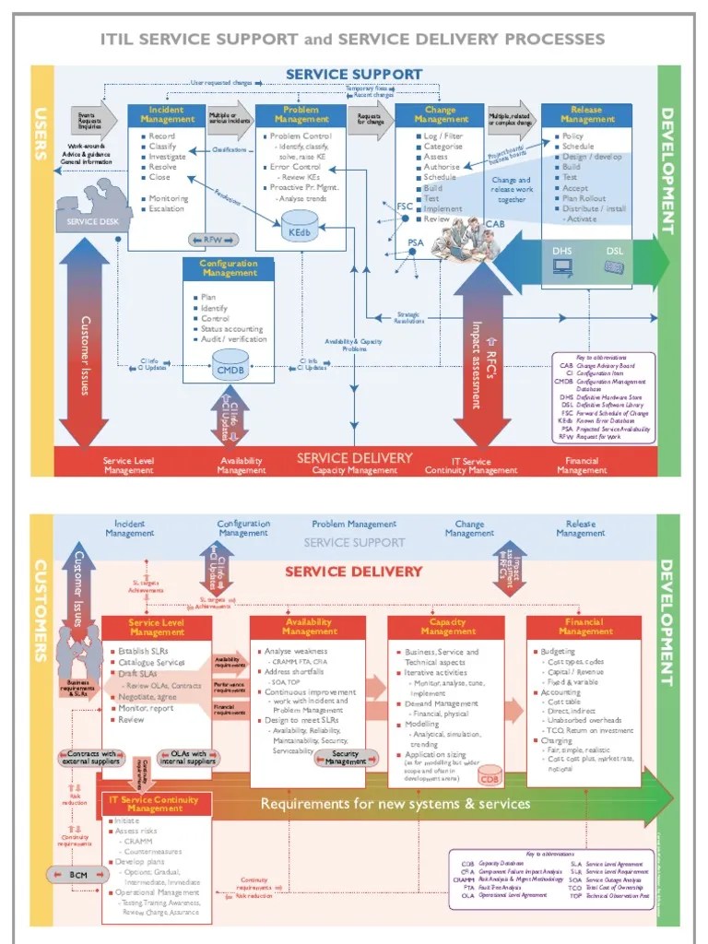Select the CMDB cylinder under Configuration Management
229,365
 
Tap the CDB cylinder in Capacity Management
489,775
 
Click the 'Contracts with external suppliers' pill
91,757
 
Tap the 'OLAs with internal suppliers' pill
187,757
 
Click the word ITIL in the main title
120,39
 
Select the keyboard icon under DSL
614,267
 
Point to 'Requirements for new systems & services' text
395,803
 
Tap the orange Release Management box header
586,114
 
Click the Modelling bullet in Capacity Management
422,724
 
